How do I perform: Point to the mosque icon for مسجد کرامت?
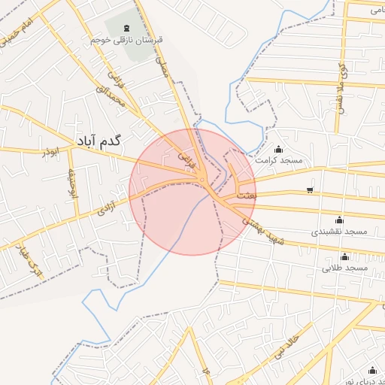tap(280, 149)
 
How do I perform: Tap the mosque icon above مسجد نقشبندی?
tap(339, 220)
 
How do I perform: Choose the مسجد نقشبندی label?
tap(340, 231)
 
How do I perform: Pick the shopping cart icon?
tap(311, 190)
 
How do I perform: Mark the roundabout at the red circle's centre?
tap(203, 179)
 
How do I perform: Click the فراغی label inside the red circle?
tap(186, 159)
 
